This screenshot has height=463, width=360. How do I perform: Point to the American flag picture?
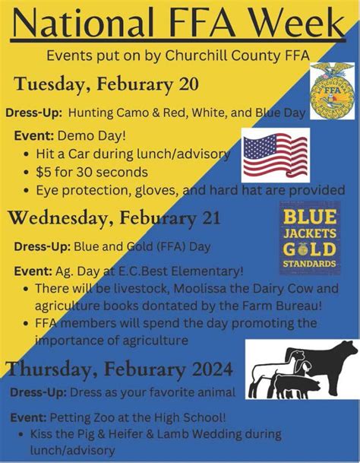pos(275,154)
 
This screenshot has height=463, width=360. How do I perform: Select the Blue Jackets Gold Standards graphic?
pos(308,238)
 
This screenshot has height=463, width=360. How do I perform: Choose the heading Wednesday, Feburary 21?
pos(115,219)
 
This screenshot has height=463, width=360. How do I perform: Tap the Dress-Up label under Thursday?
pos(37,392)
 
